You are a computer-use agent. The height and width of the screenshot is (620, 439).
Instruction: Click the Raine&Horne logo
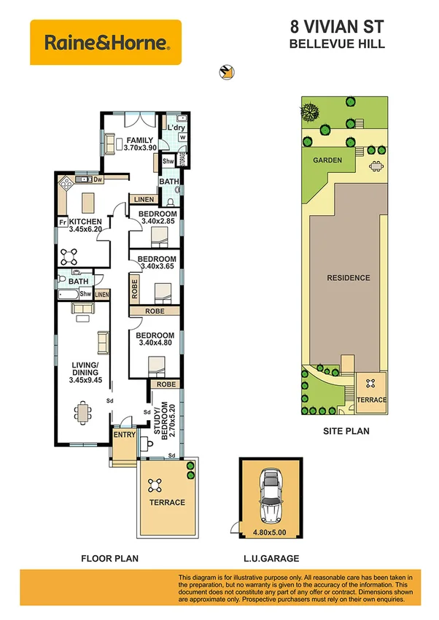[106, 42]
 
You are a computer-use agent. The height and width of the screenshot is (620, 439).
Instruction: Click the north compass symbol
[227, 71]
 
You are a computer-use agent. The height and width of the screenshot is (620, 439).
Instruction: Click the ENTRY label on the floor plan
[124, 435]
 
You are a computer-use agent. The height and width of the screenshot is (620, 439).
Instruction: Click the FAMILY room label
[139, 140]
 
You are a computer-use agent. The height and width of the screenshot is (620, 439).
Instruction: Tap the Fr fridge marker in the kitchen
[63, 222]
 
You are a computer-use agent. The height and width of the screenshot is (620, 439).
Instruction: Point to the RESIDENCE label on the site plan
[348, 278]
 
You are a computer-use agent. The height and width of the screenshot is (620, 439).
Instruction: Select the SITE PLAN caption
[346, 431]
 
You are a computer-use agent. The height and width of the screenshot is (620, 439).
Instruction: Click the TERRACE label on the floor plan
[167, 503]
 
